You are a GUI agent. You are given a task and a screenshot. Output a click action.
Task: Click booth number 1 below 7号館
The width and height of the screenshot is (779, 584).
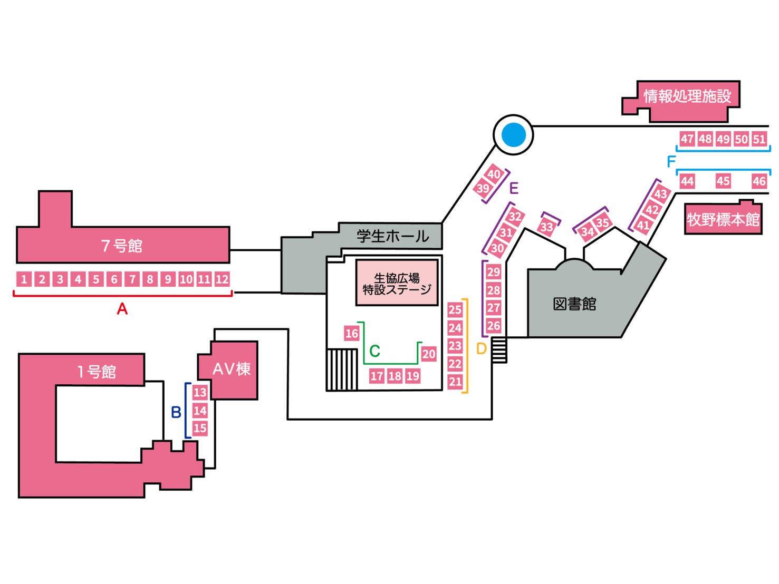(24, 279)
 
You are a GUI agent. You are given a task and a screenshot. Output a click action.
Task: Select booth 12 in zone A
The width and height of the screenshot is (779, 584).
(222, 279)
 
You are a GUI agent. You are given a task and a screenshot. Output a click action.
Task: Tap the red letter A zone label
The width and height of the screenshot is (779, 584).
(122, 309)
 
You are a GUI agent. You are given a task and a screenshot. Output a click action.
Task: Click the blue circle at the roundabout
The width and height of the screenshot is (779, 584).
(513, 135)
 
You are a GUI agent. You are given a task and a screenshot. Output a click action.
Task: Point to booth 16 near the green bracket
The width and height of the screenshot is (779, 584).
(352, 333)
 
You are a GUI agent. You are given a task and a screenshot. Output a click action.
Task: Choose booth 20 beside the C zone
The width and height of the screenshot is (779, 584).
(429, 354)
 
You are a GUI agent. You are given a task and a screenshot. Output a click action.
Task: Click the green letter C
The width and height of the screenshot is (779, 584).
(375, 351)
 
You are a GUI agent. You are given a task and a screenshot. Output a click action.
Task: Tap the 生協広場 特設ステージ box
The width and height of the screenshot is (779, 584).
(397, 283)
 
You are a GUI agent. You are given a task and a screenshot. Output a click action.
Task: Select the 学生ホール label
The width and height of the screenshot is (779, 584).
(393, 236)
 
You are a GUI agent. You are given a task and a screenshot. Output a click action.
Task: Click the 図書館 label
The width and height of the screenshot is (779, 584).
(574, 304)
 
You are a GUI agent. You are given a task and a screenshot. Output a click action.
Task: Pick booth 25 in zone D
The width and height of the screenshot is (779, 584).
(455, 310)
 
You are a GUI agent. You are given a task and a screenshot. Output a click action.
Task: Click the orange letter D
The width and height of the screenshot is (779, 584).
(481, 349)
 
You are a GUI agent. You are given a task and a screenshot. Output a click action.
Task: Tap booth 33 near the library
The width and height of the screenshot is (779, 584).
(547, 227)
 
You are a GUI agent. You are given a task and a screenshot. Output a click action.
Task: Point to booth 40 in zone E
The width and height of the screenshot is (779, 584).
(494, 174)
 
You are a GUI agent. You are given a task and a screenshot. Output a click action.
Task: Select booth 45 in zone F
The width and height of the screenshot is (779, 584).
(723, 181)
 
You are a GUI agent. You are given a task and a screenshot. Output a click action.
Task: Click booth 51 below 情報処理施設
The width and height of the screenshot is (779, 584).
(759, 139)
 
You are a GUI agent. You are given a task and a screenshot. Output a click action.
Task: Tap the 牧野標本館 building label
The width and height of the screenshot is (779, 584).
(723, 219)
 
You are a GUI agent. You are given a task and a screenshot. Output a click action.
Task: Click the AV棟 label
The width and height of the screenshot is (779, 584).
(232, 369)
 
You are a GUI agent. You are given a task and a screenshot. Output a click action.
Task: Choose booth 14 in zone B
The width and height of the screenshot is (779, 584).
(200, 411)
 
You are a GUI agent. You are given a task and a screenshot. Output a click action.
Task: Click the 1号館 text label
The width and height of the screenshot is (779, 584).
(97, 372)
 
